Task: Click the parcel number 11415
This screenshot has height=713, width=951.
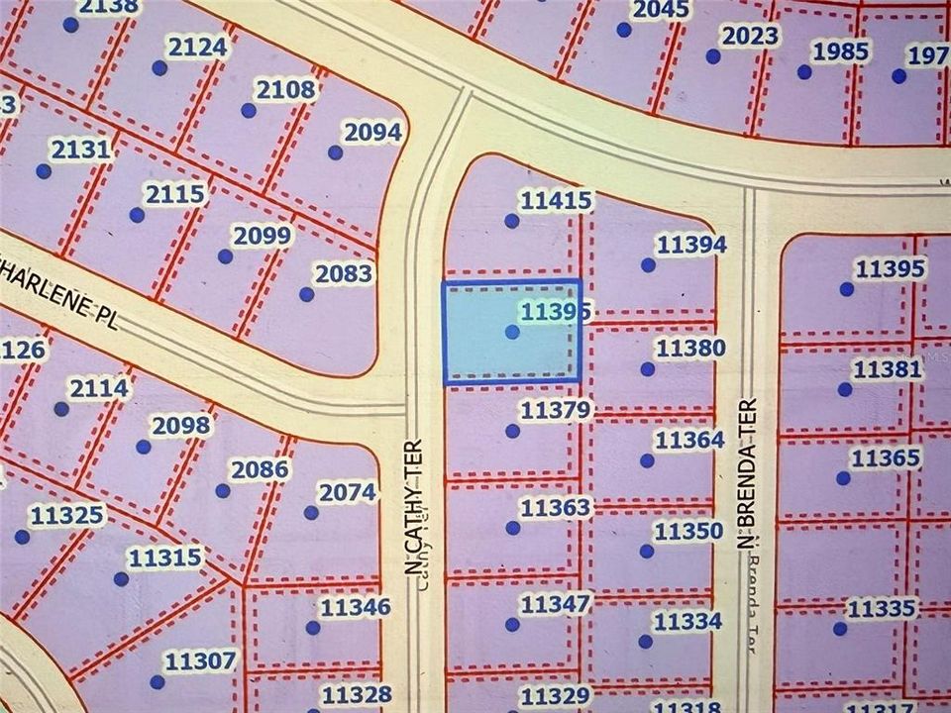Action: point(556,201)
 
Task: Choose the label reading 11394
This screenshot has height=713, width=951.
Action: point(691,245)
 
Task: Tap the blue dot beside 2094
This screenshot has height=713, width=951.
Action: point(335,153)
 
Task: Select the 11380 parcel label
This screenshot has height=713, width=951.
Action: point(690,348)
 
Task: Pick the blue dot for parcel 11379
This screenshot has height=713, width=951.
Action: point(512,431)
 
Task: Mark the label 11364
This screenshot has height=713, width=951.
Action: point(689,440)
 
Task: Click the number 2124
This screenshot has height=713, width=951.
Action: point(197,47)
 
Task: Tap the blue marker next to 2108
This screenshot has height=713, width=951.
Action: point(249,110)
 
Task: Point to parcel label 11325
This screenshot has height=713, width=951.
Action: point(66,515)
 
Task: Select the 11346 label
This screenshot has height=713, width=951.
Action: point(354,607)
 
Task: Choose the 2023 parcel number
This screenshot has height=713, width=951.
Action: point(749,37)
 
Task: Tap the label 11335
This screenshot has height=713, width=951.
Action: point(882,607)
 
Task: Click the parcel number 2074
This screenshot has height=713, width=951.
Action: point(347,491)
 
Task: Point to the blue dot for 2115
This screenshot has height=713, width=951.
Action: point(137,215)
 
